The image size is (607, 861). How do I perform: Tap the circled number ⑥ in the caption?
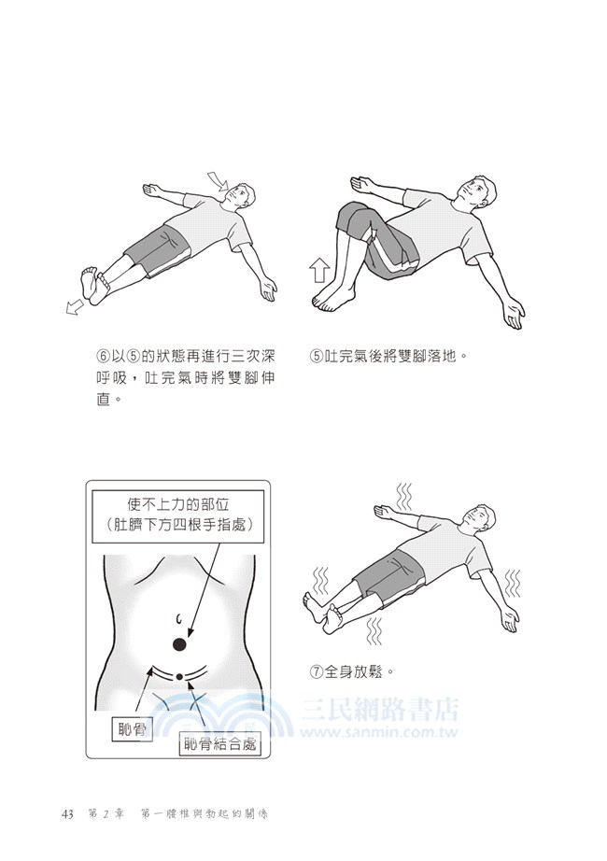pos(104,356)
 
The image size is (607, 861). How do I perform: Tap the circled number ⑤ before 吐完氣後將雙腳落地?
pos(317,356)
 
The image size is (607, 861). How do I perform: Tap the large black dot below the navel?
pos(179,643)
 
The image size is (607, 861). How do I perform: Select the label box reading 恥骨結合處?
pos(222,744)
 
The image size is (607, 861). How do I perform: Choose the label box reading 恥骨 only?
pos(130,729)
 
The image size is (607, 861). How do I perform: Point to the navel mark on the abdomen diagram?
pos(177,615)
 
